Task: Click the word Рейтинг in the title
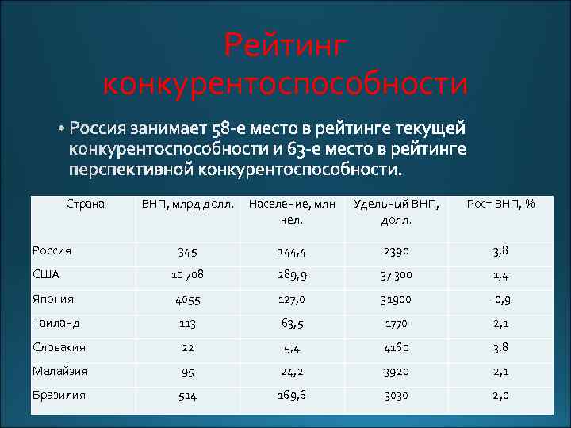tap(285, 45)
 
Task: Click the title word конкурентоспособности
tap(285, 82)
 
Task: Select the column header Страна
tap(86, 204)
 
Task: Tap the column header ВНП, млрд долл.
tap(188, 204)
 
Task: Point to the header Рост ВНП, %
tap(500, 204)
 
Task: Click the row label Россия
tap(52, 250)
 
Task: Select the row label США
tap(46, 274)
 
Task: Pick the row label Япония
tap(53, 299)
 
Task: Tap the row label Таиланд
tap(56, 323)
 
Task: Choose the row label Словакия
tap(59, 346)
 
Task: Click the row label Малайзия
tap(60, 370)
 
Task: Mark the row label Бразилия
tap(59, 394)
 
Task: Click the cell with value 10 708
tap(188, 275)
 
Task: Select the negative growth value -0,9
tap(500, 300)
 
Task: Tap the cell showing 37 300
tap(395, 275)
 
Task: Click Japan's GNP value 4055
tap(188, 300)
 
